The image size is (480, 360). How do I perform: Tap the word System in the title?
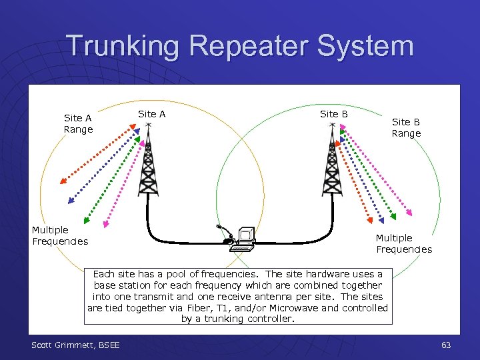373,47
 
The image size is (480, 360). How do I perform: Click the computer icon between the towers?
243,239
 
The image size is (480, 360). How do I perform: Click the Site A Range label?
78,124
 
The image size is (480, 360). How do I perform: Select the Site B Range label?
406,127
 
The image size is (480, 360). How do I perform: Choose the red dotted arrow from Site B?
353,180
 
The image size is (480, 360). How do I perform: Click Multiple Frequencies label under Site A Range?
60,235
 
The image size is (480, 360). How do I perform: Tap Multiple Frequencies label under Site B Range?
404,243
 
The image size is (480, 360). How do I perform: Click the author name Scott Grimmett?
62,345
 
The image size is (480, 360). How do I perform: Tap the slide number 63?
446,345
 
